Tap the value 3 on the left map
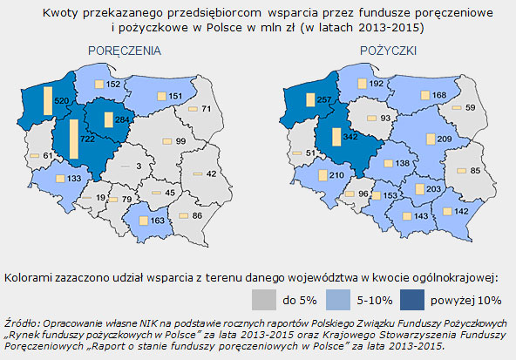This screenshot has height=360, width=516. [138, 165]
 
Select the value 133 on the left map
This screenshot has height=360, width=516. [74, 177]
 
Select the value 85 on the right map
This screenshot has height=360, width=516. [475, 170]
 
